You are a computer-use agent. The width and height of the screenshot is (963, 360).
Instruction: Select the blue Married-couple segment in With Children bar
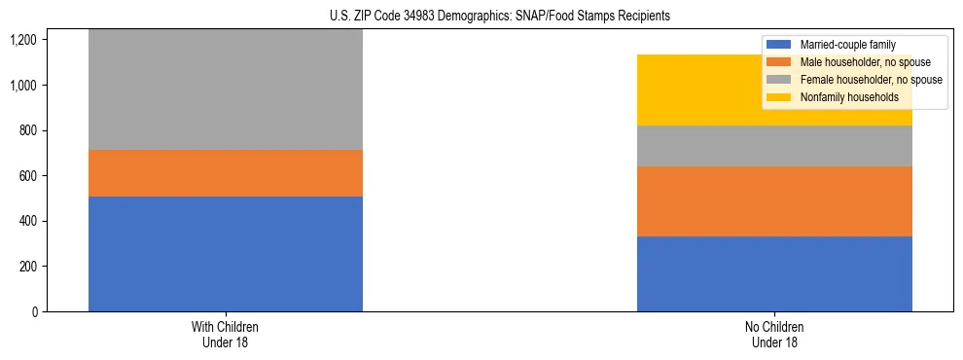click(x=226, y=254)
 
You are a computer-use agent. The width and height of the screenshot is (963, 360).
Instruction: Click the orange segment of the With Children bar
click(x=226, y=173)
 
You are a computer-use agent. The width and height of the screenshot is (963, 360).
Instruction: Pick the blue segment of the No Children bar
click(x=774, y=273)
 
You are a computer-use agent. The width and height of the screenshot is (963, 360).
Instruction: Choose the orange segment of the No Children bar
click(x=774, y=201)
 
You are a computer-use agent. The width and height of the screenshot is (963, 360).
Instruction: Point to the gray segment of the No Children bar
click(x=774, y=146)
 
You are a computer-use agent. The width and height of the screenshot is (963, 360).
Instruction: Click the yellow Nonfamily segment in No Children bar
click(x=700, y=90)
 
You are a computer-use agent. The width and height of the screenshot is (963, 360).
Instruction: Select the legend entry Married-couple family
click(x=845, y=45)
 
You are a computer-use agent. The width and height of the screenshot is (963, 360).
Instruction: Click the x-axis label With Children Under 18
click(x=226, y=334)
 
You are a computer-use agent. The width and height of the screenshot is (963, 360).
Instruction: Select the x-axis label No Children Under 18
click(x=774, y=334)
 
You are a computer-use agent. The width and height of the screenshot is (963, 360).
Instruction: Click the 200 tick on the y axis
click(x=26, y=267)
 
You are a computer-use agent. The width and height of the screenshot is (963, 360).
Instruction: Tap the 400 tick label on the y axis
click(x=26, y=221)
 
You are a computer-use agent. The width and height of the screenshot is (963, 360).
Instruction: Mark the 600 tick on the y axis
click(x=26, y=176)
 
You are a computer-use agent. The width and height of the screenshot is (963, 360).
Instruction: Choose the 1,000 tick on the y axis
click(x=22, y=86)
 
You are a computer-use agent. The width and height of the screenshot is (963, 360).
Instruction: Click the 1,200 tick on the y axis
click(x=22, y=40)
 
